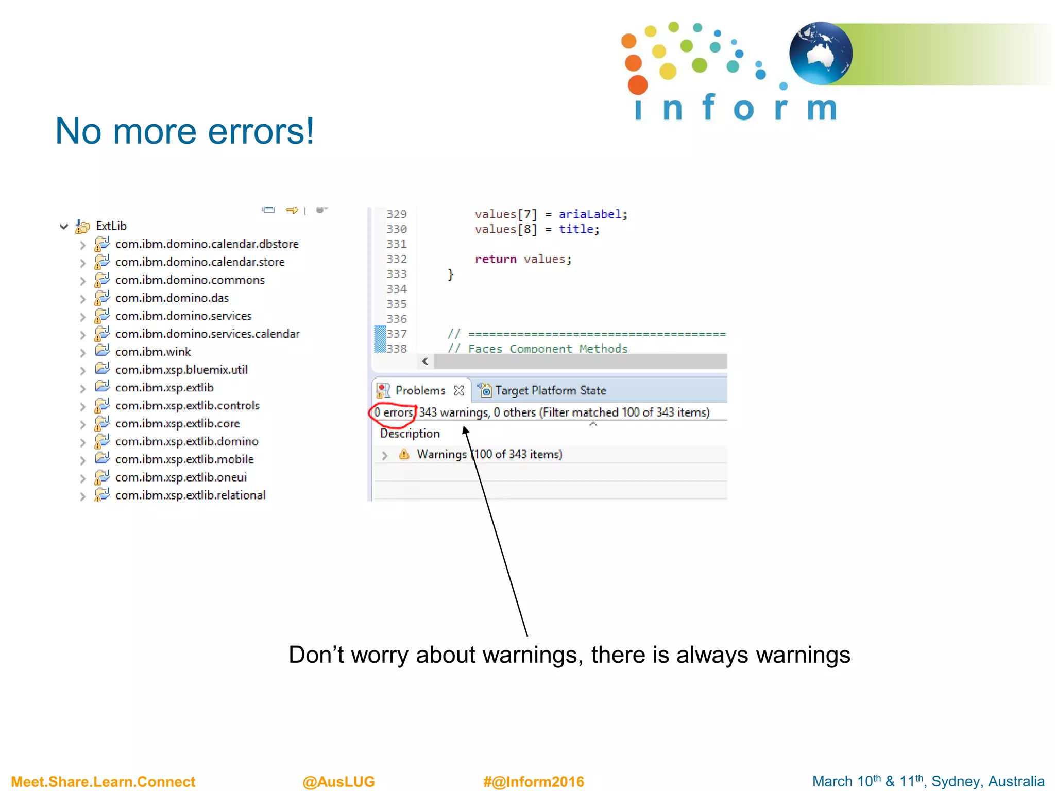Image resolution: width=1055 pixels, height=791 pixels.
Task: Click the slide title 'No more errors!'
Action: click(184, 131)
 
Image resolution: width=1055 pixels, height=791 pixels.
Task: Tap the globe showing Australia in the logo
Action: click(820, 54)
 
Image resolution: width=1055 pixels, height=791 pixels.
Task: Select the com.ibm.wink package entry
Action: click(153, 352)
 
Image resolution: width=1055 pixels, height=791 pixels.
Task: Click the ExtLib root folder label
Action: click(111, 226)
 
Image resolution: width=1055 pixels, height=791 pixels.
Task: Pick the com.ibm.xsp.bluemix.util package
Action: click(181, 370)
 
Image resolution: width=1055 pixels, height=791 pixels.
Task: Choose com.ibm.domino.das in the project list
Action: click(172, 298)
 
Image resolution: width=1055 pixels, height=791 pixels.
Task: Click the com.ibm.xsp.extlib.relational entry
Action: click(190, 495)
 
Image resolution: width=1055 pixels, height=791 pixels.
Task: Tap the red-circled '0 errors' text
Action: click(394, 412)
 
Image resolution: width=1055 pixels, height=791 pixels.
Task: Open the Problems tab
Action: click(420, 391)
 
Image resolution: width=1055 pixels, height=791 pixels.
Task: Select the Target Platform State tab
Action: click(550, 391)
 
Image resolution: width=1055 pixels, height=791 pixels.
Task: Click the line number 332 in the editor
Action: click(396, 259)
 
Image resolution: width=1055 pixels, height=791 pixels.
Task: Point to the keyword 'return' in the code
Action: click(495, 259)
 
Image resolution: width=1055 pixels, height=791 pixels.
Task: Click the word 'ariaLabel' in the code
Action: click(590, 214)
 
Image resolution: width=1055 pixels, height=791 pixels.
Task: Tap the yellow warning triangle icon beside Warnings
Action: click(404, 454)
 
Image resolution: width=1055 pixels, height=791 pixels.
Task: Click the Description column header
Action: click(410, 434)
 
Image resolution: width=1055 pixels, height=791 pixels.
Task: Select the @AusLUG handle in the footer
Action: click(338, 781)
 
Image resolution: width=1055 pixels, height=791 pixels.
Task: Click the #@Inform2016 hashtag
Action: click(533, 781)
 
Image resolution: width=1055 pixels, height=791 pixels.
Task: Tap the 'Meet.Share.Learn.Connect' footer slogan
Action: click(103, 781)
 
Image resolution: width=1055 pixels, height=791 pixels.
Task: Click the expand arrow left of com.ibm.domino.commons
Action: click(82, 281)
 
